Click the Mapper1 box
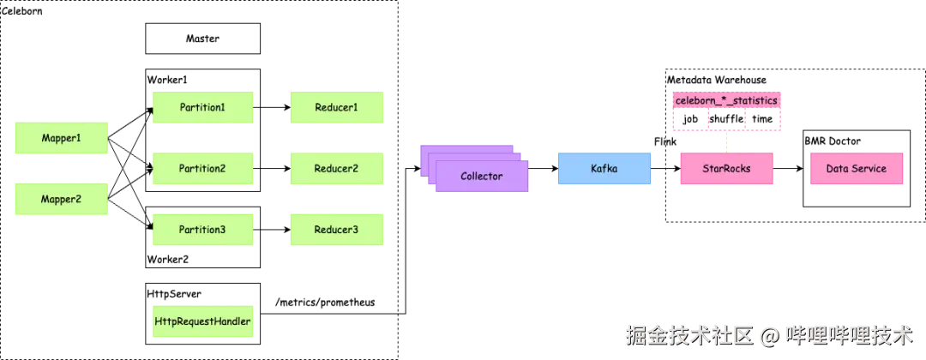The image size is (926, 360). [62, 138]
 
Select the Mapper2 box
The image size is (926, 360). [62, 200]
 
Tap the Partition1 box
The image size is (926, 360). [202, 107]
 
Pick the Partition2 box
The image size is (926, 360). [202, 169]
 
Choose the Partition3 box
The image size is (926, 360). [202, 230]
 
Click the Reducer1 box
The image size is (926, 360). [336, 107]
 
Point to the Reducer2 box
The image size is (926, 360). [336, 169]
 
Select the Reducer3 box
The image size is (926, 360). [336, 230]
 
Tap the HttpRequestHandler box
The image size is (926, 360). [202, 321]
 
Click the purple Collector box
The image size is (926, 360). [482, 176]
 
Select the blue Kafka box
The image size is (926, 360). [604, 169]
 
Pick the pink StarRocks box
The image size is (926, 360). [726, 169]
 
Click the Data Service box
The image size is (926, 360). [857, 169]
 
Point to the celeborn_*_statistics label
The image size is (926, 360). [726, 101]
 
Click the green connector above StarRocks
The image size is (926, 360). [726, 143]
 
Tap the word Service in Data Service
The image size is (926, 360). [870, 169]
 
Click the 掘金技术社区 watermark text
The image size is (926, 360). [688, 334]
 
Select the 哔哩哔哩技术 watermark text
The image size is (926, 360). [850, 334]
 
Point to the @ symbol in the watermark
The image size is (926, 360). [769, 335]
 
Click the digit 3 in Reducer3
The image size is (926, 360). [354, 230]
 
